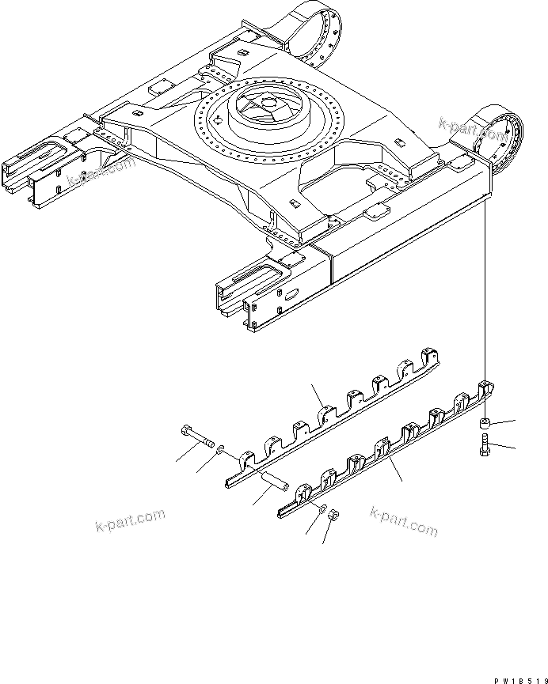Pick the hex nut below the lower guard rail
[x=333, y=516]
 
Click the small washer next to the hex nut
[x=322, y=508]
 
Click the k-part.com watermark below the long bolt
[x=128, y=522]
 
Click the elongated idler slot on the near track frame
[x=257, y=278]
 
